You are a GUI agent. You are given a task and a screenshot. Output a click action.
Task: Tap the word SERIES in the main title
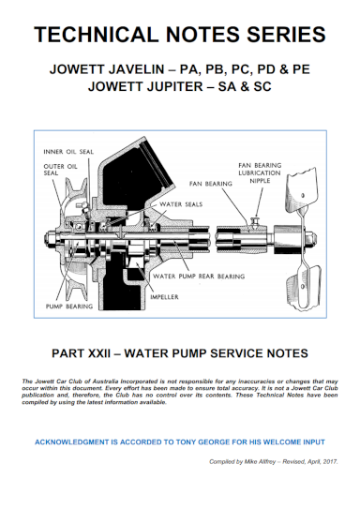[x=285, y=36]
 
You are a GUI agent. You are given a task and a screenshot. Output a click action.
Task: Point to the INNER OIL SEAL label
[x=67, y=151]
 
